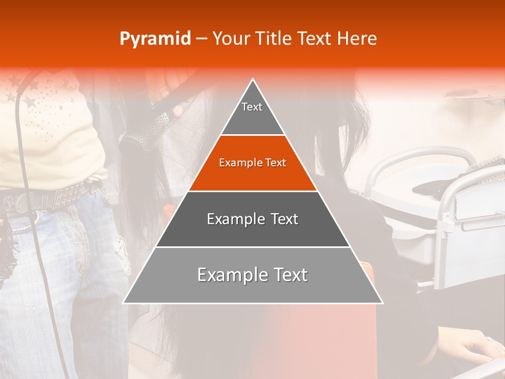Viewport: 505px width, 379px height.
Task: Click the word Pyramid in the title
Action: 155,39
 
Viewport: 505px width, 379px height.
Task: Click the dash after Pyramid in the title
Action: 201,39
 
